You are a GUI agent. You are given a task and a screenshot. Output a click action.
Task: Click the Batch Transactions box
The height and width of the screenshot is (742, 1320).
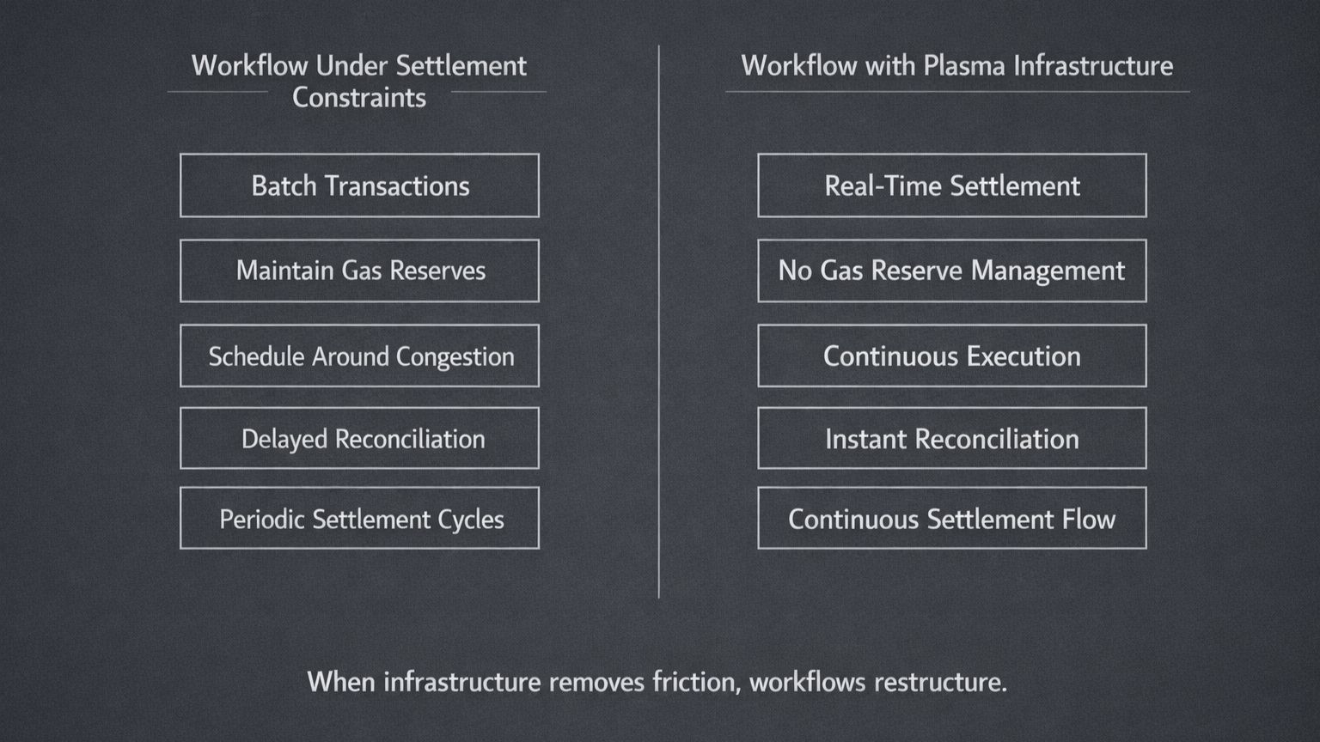click(x=359, y=185)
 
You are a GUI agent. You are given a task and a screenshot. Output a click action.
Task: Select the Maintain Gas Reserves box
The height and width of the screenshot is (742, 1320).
click(x=359, y=271)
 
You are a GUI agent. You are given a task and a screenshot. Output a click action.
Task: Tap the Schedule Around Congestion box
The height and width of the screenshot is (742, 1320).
click(x=359, y=356)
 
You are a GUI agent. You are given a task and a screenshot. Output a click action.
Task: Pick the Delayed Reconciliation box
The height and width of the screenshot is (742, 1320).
click(x=359, y=439)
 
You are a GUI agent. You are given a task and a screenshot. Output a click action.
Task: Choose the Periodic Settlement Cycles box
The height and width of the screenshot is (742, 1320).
click(x=359, y=519)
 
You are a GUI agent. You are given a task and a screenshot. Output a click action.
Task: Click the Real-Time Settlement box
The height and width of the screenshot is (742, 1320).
click(x=951, y=185)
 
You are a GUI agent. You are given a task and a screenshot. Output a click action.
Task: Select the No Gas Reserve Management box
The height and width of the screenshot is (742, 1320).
click(x=951, y=271)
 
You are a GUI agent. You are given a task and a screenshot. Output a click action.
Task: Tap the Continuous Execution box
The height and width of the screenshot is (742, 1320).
click(x=951, y=356)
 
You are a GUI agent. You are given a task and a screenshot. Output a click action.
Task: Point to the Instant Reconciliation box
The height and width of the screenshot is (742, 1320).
click(x=951, y=439)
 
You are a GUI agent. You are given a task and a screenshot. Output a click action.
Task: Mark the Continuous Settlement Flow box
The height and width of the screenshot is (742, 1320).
click(x=951, y=519)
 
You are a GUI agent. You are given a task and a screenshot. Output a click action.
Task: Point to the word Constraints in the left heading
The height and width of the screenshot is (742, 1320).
click(x=359, y=98)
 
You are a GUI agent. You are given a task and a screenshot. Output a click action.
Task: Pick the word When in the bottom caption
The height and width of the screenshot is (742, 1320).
click(x=341, y=682)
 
